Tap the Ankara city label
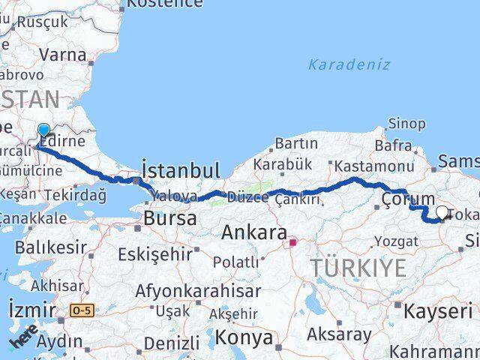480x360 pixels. point(253,232)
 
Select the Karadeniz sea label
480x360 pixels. point(349,64)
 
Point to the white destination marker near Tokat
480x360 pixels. point(442,213)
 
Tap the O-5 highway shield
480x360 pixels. point(82,310)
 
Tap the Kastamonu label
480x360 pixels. point(373,166)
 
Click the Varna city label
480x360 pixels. point(61,54)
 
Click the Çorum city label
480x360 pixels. point(408,199)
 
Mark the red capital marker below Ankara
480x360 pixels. point(293,243)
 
